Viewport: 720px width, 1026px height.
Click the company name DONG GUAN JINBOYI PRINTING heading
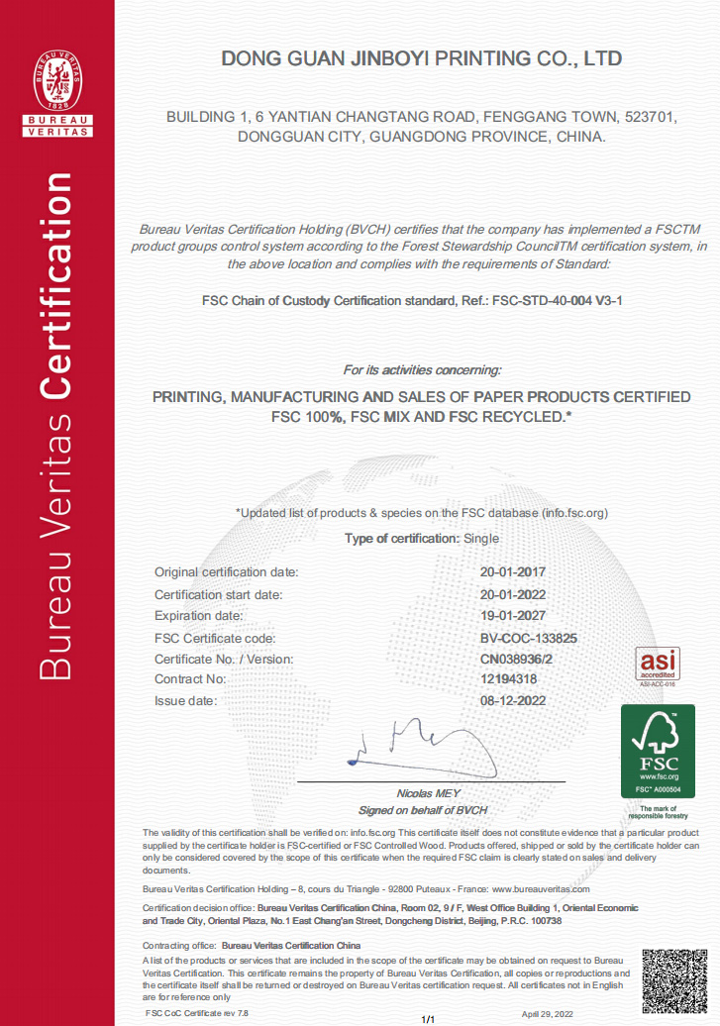(x=422, y=59)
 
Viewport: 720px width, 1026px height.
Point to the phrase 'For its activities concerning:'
(x=422, y=369)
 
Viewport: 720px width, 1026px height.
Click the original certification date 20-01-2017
(x=513, y=572)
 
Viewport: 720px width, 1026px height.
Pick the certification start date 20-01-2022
(x=513, y=595)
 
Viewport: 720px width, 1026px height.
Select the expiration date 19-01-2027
(x=513, y=616)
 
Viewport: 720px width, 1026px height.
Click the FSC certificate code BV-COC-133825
(x=528, y=639)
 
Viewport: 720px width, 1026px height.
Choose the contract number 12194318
(x=508, y=679)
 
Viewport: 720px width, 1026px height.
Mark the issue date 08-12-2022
(x=513, y=700)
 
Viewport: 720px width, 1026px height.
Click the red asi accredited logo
(x=657, y=665)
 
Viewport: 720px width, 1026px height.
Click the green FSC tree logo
(x=658, y=751)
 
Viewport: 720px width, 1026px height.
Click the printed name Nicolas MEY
(x=422, y=794)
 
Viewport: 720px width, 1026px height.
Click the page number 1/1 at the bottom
(x=429, y=1019)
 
